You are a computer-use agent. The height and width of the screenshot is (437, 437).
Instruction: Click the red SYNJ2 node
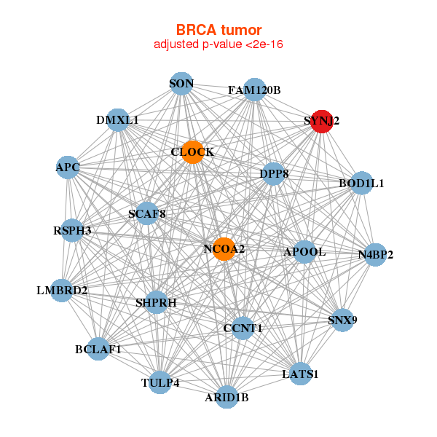point(321,122)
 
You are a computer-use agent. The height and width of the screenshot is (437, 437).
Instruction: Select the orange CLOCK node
point(192,152)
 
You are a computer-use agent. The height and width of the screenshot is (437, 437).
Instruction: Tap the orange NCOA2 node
point(224,249)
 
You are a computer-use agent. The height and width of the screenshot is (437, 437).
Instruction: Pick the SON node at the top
point(181,84)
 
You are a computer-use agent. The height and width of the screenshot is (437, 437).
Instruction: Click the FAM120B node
point(254,90)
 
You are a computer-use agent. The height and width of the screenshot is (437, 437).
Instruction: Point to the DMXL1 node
point(117,119)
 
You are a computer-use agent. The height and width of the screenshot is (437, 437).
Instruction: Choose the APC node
point(68,168)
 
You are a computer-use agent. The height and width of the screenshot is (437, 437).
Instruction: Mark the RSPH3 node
point(72,231)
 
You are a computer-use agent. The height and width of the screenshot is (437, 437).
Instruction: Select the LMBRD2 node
point(63,291)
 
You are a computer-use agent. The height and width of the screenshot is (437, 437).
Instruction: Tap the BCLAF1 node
point(98,349)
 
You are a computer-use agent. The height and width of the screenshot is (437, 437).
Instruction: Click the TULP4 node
point(160,382)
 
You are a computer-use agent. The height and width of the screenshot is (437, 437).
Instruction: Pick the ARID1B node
point(227,397)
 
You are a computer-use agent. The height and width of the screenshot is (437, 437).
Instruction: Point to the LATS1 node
point(301,374)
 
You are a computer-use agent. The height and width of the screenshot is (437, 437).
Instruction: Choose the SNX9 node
point(342,320)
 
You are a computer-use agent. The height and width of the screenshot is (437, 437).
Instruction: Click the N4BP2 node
point(375,255)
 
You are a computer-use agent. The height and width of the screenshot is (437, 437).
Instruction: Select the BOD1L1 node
point(361,184)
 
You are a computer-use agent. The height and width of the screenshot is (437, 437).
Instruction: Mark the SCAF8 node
point(147,214)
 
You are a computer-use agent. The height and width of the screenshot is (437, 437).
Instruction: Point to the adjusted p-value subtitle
point(219,44)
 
